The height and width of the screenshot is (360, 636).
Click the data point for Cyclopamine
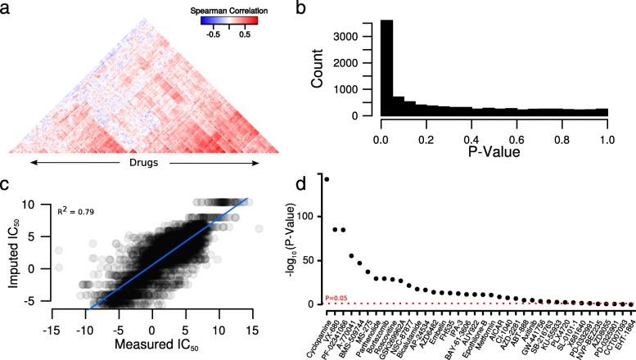(x=327, y=179)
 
